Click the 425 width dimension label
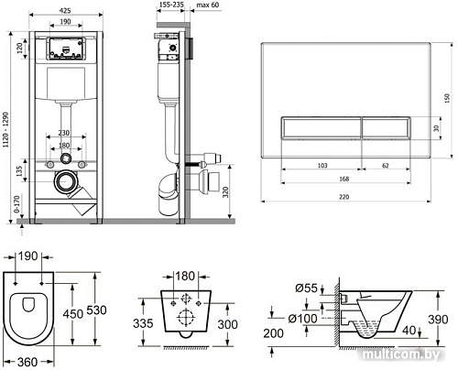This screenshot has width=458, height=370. (x=65, y=11)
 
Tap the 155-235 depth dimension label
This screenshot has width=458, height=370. (x=170, y=5)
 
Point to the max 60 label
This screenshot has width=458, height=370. (x=208, y=5)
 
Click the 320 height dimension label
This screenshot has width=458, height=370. (x=225, y=192)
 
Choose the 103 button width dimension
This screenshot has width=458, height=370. (x=322, y=166)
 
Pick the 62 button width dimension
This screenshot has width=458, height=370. (x=386, y=166)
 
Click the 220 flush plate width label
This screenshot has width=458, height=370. (x=344, y=197)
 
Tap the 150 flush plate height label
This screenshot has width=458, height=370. (x=447, y=98)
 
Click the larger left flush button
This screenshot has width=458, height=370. (x=321, y=128)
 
